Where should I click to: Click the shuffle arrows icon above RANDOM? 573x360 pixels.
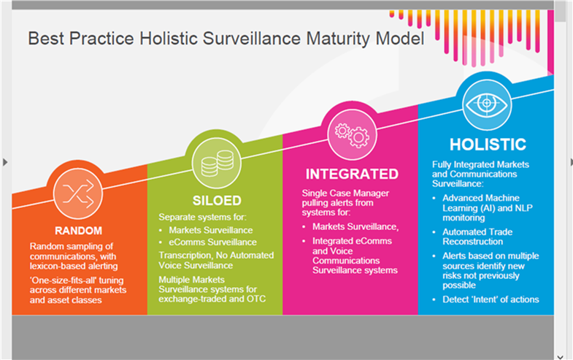78,194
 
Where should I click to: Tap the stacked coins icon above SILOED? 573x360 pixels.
217,164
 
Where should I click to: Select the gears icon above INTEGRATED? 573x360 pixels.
352,135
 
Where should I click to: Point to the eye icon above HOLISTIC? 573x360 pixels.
486,104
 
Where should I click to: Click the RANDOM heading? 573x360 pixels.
79,231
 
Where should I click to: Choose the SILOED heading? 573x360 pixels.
217,201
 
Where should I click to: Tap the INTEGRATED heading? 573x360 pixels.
352,175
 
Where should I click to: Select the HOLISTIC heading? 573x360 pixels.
488,145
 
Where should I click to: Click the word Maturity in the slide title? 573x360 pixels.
339,39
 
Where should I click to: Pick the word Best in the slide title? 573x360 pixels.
46,39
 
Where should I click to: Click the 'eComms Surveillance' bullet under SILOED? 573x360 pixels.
212,242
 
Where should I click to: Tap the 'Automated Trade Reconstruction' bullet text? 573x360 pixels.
477,237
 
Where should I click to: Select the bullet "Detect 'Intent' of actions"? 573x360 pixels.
491,299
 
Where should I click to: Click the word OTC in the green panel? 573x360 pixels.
256,299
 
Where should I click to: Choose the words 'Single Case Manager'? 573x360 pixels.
345,193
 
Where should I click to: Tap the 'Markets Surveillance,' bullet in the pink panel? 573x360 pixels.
355,227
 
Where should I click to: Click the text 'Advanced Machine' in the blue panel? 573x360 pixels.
481,198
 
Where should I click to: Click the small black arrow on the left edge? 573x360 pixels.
5,162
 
